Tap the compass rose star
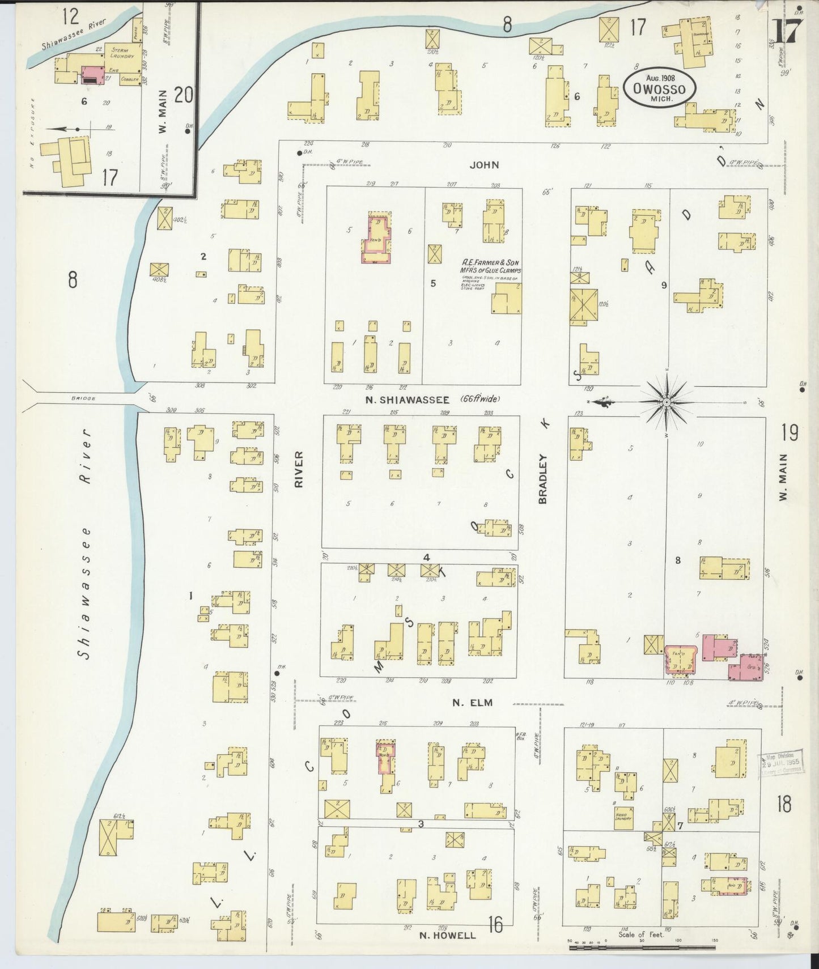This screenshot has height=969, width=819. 667,402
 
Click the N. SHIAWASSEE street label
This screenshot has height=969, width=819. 408,399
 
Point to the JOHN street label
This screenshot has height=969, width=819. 484,165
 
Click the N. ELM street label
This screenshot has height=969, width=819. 472,703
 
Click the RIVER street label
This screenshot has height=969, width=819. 299,469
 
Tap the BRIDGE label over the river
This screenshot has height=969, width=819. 83,398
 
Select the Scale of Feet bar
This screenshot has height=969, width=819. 640,944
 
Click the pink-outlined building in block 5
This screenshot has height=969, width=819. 377,240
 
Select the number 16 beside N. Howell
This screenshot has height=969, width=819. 495,925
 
